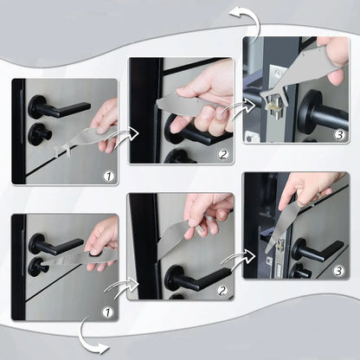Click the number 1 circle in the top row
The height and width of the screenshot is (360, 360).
(106, 176)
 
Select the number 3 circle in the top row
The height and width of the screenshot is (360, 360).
(338, 134)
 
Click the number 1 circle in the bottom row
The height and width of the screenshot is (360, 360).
(107, 312)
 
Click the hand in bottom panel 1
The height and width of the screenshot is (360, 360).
(102, 237)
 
